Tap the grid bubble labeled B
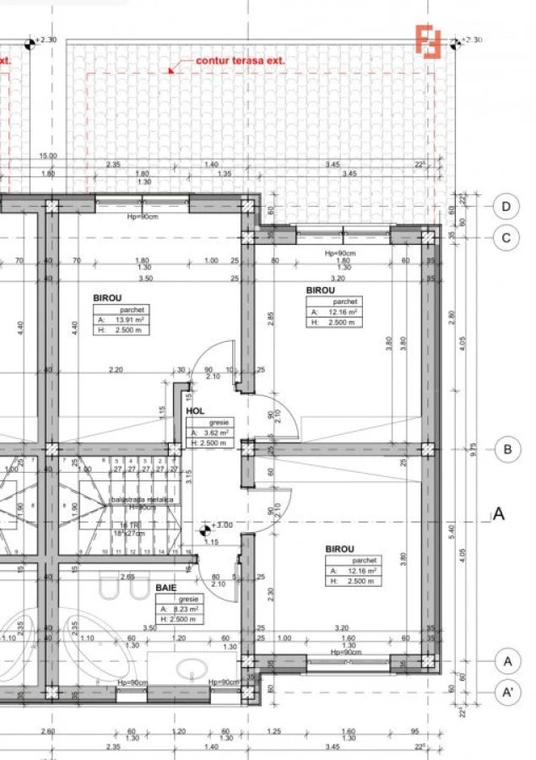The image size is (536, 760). (x=506, y=449)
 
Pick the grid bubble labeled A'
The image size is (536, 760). (x=506, y=692)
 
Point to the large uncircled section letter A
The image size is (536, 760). (x=499, y=513)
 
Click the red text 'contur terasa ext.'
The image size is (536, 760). (x=240, y=61)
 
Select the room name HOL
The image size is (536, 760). (x=196, y=412)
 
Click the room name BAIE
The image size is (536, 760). (x=165, y=585)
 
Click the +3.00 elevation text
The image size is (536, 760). (x=222, y=524)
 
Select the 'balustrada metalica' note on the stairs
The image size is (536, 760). (x=141, y=500)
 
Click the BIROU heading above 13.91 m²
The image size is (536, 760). (x=107, y=297)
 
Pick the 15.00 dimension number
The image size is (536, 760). (x=47, y=155)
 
